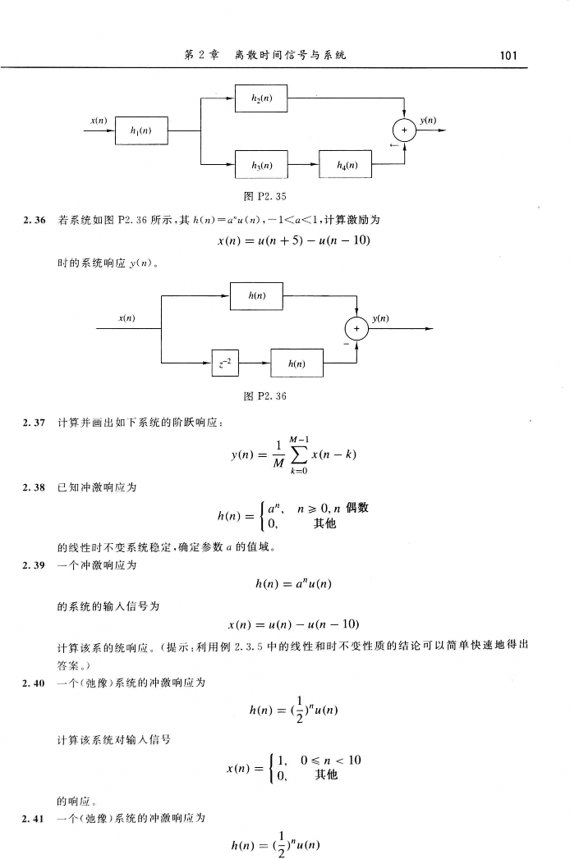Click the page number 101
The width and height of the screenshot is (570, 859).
[x=508, y=55]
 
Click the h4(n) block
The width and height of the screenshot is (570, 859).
[x=345, y=162]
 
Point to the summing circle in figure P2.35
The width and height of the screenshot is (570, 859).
[x=404, y=130]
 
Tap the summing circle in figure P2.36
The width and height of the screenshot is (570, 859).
[x=357, y=328]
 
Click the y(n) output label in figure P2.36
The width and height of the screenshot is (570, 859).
[x=380, y=318]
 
